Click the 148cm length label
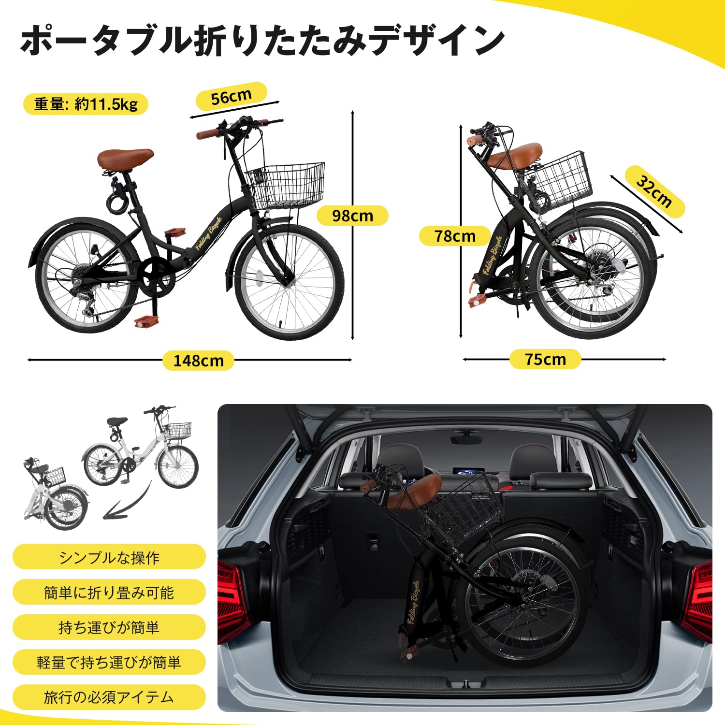pos(198,361)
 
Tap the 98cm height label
pos(352,216)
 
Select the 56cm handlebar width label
pos(231,97)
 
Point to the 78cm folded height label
pos(455,236)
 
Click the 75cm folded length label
pos(545,359)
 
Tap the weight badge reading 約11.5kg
pos(86,104)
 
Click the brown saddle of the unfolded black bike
pos(125,158)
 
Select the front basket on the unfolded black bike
pos(286,185)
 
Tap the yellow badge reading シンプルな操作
pos(109,557)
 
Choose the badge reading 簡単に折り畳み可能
pos(109,592)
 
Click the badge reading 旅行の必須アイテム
pos(109,697)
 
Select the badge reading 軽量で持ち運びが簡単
pos(109,662)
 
